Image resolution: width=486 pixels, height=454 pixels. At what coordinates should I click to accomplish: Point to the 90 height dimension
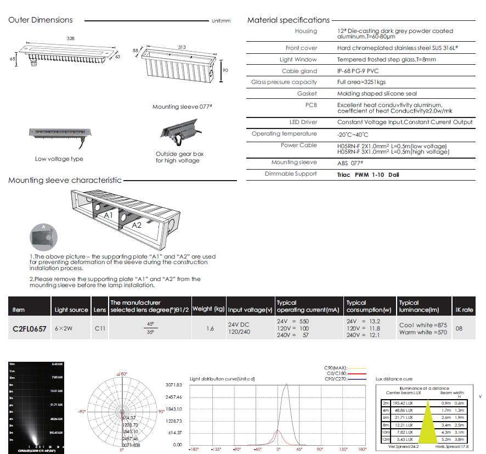(x=225, y=70)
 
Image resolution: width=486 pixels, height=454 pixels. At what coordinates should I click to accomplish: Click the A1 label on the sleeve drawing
(x=108, y=216)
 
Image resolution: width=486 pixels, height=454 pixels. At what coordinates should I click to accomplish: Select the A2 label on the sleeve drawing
(x=136, y=225)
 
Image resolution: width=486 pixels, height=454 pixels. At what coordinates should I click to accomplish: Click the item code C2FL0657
(x=30, y=329)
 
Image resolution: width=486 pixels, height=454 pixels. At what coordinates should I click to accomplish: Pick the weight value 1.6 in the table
(x=210, y=329)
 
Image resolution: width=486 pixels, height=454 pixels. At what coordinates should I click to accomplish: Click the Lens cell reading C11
(x=99, y=329)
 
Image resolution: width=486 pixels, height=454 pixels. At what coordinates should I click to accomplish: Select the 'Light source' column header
(x=71, y=310)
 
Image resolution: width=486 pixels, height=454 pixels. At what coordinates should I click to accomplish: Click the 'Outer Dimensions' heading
(x=41, y=20)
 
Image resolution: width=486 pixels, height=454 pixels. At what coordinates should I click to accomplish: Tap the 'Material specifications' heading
(x=288, y=20)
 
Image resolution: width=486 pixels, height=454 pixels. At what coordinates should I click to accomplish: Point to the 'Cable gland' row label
(x=299, y=71)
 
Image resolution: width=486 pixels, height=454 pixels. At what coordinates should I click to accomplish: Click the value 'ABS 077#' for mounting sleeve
(x=351, y=163)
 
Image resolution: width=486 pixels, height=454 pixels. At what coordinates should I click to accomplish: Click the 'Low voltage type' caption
(x=59, y=159)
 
